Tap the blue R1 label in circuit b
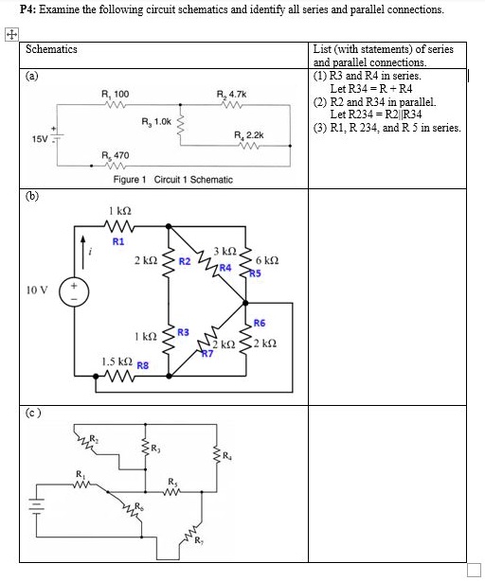[118, 241]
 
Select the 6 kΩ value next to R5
[267, 259]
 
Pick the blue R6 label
[260, 323]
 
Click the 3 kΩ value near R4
[225, 251]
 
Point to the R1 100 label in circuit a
[116, 94]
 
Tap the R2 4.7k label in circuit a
[230, 94]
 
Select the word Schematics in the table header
[52, 49]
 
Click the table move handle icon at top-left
[9, 33]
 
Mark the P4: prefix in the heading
[16, 9]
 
